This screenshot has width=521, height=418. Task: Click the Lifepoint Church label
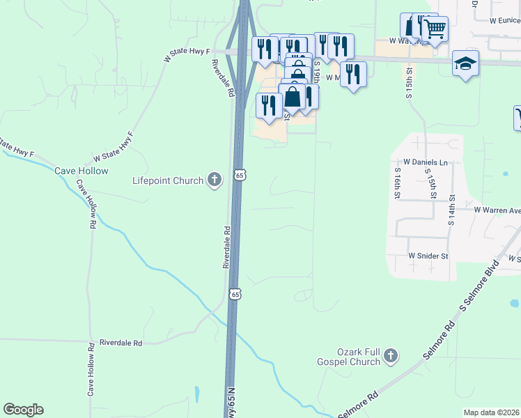(168, 181)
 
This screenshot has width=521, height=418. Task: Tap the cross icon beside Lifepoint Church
(214, 180)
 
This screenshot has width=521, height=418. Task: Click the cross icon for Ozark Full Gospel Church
(390, 356)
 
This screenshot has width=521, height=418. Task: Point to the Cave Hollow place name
(82, 171)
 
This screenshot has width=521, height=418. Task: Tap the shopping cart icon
(435, 29)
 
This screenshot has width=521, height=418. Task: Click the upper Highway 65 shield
(239, 176)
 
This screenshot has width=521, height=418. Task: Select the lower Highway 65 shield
(235, 294)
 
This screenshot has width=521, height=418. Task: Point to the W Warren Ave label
(497, 209)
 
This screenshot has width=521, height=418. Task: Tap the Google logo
(23, 410)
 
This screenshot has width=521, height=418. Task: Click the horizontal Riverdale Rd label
(120, 343)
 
